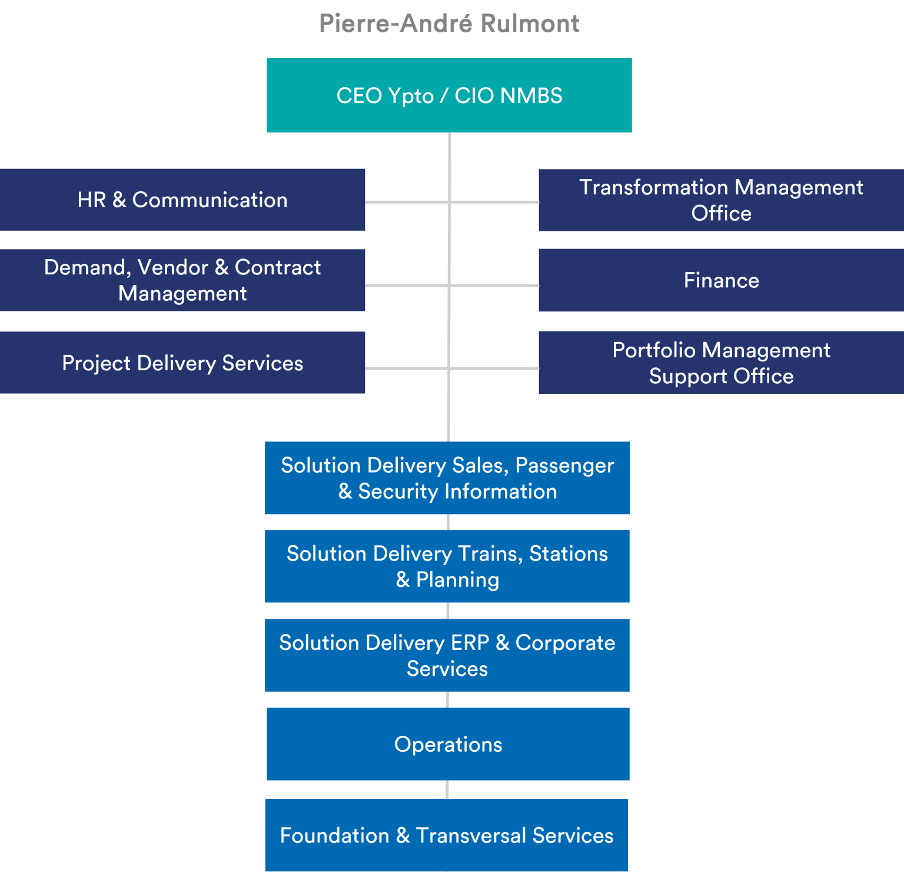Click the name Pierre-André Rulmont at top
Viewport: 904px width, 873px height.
[x=449, y=24]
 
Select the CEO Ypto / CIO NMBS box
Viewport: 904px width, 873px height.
[x=449, y=95]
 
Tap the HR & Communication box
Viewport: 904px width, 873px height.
[x=182, y=200]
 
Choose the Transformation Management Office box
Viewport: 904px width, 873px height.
[x=721, y=200]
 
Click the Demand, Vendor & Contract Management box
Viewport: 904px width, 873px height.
[x=182, y=280]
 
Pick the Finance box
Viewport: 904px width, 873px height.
[x=721, y=280]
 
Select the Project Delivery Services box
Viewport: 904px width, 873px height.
[x=182, y=363]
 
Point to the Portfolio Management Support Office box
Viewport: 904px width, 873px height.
[x=721, y=363]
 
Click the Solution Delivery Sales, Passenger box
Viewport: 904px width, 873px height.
[x=447, y=478]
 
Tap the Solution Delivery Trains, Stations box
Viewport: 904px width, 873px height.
[x=447, y=566]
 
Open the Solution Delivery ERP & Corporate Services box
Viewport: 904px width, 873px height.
[x=447, y=655]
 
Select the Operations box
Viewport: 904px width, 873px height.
[x=448, y=744]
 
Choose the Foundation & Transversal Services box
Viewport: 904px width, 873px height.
[x=447, y=835]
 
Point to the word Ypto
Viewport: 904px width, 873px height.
[x=411, y=96]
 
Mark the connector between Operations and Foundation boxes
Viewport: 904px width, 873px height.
[x=447, y=789]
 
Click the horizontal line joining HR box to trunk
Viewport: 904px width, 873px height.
[x=406, y=202]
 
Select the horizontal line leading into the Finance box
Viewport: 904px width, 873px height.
[x=494, y=286]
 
